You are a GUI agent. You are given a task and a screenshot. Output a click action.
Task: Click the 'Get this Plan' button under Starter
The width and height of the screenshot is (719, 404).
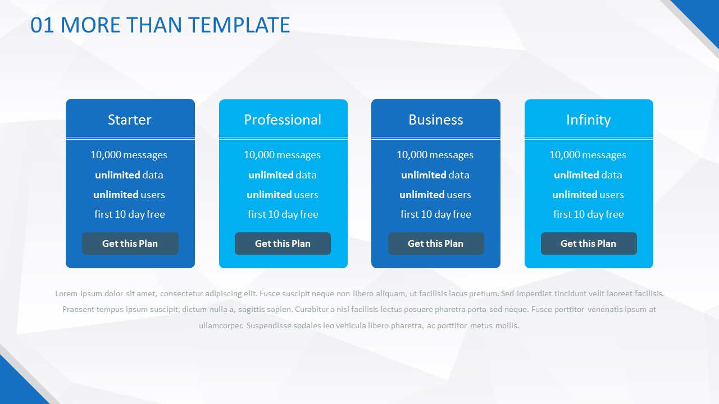(130, 244)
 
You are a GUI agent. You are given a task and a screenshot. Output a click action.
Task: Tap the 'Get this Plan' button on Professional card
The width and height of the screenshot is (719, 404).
(283, 244)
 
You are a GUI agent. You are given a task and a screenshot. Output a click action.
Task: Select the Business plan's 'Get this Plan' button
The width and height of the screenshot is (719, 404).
(436, 244)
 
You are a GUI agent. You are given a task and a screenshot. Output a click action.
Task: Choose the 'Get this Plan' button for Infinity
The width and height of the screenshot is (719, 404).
(589, 244)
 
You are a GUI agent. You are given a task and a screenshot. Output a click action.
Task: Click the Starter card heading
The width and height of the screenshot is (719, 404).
(130, 120)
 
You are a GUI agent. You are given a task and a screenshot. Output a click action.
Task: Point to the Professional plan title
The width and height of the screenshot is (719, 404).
(283, 120)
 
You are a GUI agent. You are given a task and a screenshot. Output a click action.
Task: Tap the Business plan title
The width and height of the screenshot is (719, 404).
(436, 120)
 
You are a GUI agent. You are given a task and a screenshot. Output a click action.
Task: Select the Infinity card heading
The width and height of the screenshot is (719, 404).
(588, 120)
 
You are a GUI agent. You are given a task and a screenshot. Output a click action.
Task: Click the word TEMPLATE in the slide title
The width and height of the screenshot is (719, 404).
(239, 25)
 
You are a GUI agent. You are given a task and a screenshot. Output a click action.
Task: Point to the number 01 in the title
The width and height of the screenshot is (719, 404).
(42, 25)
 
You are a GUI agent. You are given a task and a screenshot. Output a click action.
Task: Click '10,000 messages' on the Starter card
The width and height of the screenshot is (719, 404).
(129, 155)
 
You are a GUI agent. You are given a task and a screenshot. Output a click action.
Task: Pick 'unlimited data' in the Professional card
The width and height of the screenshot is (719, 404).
(283, 175)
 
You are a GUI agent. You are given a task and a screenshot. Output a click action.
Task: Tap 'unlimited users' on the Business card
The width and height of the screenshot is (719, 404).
(435, 195)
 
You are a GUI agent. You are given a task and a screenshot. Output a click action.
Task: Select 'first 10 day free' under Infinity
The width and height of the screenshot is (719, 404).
(588, 214)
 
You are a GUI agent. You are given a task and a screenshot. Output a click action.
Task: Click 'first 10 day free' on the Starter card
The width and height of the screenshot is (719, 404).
(130, 214)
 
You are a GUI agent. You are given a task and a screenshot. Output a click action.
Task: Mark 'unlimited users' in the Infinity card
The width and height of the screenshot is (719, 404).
(588, 195)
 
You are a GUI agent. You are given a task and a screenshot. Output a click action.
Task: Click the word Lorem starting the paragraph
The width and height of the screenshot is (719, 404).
(66, 293)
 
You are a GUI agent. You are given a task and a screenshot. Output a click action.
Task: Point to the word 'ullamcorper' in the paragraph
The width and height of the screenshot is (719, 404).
(221, 326)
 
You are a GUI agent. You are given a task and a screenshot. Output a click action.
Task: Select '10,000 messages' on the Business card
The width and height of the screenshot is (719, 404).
(435, 155)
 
